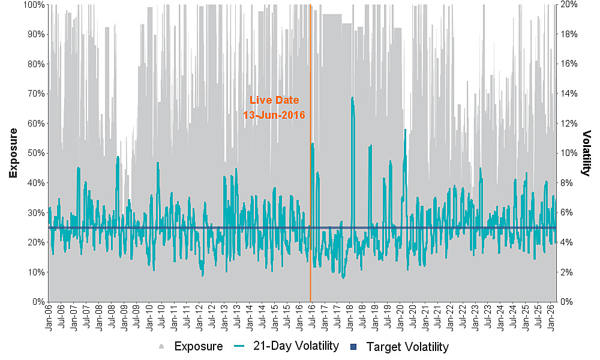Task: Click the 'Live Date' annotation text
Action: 274,100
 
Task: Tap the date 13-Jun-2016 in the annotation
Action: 274,115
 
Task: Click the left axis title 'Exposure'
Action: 13,152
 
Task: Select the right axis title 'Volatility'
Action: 586,152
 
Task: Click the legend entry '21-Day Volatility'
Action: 296,346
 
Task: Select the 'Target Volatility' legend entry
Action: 407,347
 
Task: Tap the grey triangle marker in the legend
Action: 161,347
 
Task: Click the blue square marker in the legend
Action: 354,347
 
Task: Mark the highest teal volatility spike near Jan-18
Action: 352,97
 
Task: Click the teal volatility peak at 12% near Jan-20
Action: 406,130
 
